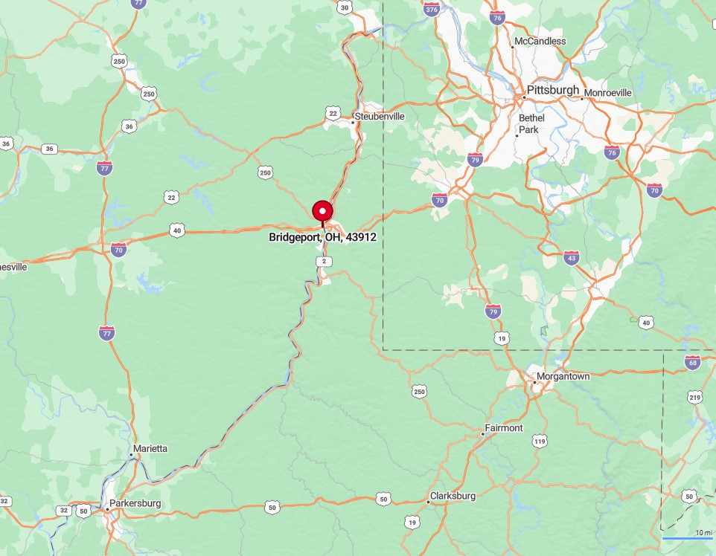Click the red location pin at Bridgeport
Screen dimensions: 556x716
(322, 212)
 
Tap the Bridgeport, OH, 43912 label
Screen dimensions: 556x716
(323, 238)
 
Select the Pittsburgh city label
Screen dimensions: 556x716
(552, 91)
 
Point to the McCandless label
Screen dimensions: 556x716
(539, 42)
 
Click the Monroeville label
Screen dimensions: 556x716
(608, 93)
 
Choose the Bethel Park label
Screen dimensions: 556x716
(531, 123)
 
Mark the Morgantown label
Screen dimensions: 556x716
(563, 377)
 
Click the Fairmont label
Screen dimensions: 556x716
(504, 428)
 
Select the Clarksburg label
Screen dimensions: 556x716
(453, 496)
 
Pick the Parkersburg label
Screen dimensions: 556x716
(135, 503)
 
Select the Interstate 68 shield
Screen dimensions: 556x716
(692, 363)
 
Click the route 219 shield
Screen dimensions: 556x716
(696, 398)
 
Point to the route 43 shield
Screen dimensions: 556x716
(571, 258)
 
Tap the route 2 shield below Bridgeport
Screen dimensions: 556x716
(322, 262)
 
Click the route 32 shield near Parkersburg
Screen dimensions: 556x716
(65, 511)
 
